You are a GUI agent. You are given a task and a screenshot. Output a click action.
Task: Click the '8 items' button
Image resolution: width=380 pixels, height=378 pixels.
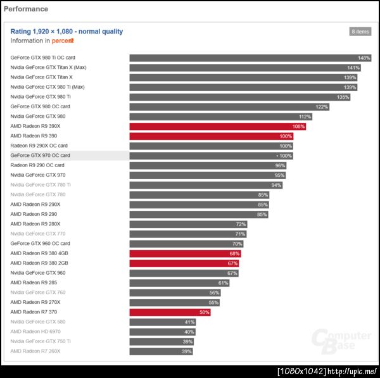tap(360, 32)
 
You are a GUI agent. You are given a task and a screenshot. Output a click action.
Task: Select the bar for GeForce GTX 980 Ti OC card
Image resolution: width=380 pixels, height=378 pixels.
tap(250, 58)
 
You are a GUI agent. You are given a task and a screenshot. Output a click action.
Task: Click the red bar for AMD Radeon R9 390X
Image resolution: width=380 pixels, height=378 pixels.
tap(218, 126)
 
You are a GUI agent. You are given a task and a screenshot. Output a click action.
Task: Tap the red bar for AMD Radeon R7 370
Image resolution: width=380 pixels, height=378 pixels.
tap(170, 312)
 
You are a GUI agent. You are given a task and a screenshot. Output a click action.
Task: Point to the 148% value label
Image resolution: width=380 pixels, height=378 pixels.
tap(364, 58)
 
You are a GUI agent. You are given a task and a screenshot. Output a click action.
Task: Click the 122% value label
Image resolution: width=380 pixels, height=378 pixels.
tap(322, 106)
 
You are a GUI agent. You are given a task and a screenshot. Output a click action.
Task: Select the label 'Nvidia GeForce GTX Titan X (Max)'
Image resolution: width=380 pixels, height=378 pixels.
tap(48, 67)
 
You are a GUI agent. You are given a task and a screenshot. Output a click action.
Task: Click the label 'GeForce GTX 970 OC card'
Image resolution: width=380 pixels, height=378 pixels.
tap(40, 155)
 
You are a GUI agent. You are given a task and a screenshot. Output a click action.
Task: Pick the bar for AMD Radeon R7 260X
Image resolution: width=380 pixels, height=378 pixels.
tap(161, 351)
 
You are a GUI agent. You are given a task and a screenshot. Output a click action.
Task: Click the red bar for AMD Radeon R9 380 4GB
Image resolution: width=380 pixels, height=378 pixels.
tap(185, 253)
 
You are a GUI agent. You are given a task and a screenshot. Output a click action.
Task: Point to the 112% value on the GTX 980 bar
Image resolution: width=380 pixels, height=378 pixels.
tap(305, 117)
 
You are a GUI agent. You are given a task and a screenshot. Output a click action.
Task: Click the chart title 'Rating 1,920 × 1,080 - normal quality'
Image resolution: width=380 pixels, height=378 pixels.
tap(66, 31)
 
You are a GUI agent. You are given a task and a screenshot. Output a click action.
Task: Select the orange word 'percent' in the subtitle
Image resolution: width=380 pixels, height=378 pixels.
tap(63, 41)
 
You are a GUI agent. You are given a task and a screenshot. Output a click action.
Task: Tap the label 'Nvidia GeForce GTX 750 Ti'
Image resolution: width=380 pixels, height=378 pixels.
tap(41, 341)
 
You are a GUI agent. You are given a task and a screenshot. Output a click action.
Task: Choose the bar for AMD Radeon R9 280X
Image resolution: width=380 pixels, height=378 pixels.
tap(188, 224)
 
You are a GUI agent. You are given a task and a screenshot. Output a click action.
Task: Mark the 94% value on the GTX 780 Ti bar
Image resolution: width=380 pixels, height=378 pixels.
tap(276, 185)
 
